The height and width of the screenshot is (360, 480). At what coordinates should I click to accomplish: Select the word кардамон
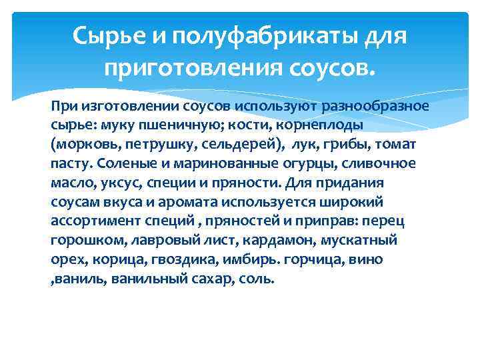click(263, 239)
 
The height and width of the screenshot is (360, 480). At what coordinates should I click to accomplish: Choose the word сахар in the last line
click(211, 277)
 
